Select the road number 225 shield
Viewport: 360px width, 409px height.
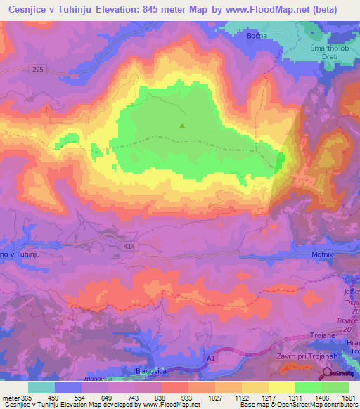coord(38,69)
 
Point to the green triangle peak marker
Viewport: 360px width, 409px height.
coord(182,126)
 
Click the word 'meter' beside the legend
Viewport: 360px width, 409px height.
coord(11,397)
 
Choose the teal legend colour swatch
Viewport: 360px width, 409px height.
coord(41,387)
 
